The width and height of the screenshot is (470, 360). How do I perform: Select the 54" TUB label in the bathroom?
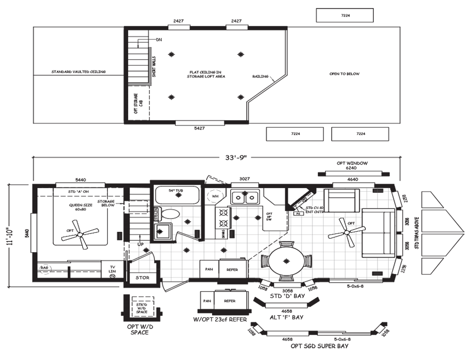click(177, 191)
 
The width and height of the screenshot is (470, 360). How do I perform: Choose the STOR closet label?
click(142, 278)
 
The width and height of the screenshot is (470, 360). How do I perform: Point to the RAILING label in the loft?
click(260, 76)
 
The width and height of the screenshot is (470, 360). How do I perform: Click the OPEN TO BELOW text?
click(344, 74)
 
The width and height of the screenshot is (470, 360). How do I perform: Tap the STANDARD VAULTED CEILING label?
click(79, 72)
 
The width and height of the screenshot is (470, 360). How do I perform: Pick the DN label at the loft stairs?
click(159, 40)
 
